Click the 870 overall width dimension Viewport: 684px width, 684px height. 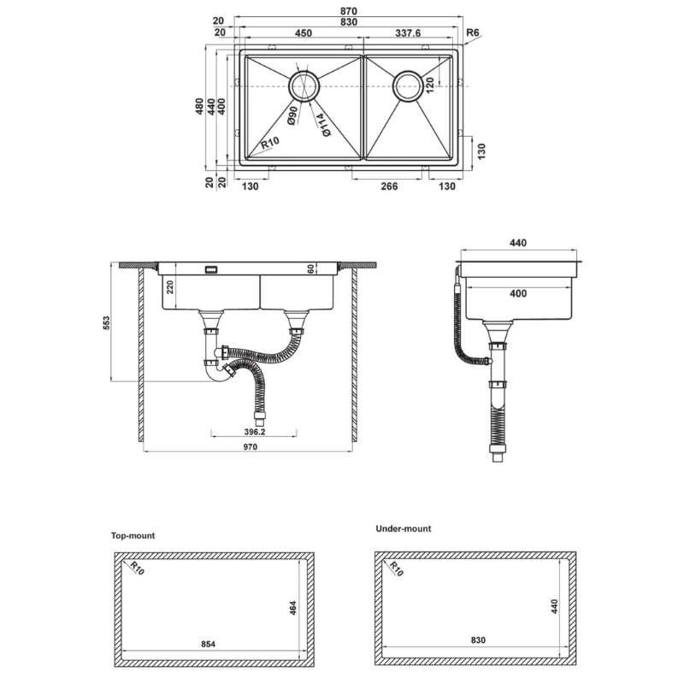[x=348, y=11]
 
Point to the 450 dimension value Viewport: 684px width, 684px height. [x=303, y=33]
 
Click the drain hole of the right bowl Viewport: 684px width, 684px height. [x=408, y=85]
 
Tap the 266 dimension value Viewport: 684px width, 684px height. [x=388, y=186]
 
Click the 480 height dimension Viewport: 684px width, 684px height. [x=199, y=107]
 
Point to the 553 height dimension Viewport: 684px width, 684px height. [x=108, y=322]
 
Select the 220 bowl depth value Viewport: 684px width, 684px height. [x=170, y=286]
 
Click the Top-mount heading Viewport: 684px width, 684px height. [x=133, y=535]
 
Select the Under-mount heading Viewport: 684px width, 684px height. [x=404, y=528]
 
